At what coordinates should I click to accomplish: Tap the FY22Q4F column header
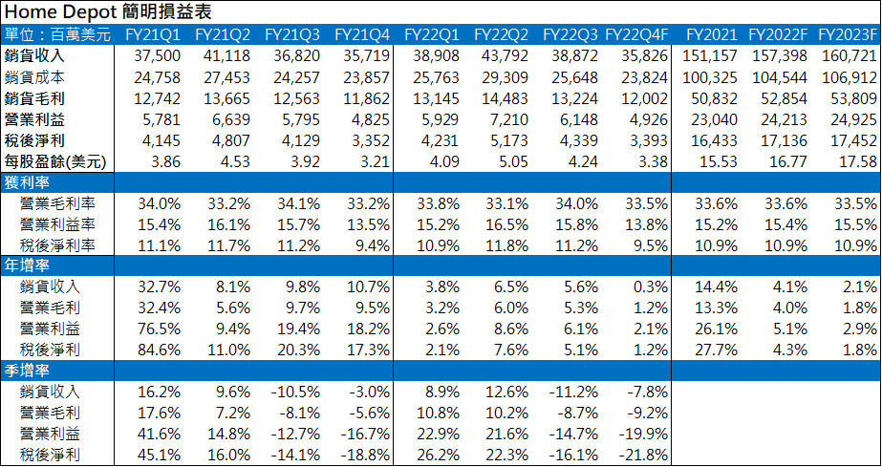click(x=636, y=34)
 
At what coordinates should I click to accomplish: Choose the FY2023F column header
click(x=846, y=34)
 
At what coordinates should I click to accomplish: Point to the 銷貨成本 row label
click(x=34, y=76)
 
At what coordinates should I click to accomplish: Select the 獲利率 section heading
click(x=28, y=181)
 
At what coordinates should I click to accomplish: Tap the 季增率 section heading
click(x=28, y=371)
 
